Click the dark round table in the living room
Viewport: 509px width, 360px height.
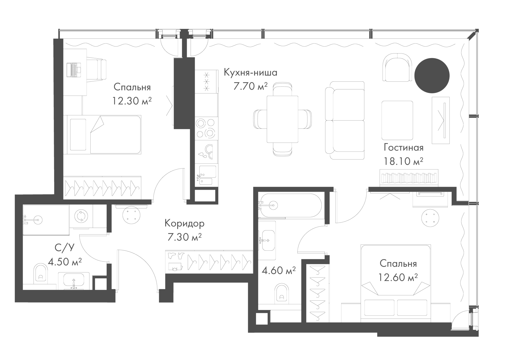(x=432, y=76)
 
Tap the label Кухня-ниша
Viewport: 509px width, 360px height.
(x=251, y=72)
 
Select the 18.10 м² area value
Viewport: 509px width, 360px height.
(x=403, y=161)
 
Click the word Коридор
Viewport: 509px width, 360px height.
(x=185, y=224)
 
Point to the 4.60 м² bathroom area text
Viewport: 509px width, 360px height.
(x=279, y=271)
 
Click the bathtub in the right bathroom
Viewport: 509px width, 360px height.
(x=291, y=206)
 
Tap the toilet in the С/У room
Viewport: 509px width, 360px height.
(x=41, y=273)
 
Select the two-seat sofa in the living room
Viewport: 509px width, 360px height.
(x=345, y=120)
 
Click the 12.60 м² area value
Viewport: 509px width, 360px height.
(x=398, y=277)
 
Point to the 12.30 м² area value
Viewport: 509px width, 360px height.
(x=132, y=101)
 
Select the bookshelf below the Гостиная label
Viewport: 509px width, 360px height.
(x=409, y=178)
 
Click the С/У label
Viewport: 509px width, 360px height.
(x=64, y=248)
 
